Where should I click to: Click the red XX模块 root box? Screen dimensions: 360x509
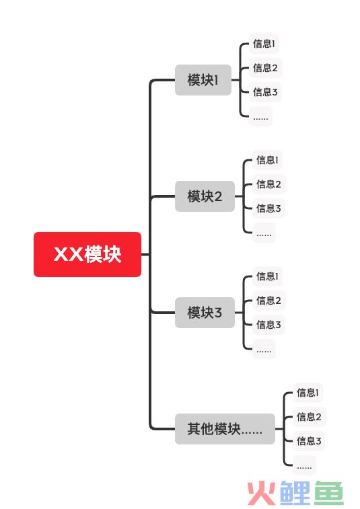pyautogui.click(x=87, y=254)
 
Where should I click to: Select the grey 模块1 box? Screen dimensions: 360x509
pyautogui.click(x=203, y=80)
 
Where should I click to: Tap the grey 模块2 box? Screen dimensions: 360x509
pyautogui.click(x=205, y=196)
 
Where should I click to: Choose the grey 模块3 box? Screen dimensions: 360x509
pyautogui.click(x=205, y=312)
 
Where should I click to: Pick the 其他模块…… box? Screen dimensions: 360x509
pyautogui.click(x=225, y=428)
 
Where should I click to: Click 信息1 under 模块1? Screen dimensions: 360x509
pyautogui.click(x=264, y=44)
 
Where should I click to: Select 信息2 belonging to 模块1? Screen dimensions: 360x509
pyautogui.click(x=265, y=68)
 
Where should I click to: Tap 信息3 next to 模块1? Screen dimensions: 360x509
pyautogui.click(x=265, y=92)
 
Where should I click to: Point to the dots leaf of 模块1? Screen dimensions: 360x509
pyautogui.click(x=260, y=116)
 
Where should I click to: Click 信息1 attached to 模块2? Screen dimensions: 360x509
pyautogui.click(x=267, y=160)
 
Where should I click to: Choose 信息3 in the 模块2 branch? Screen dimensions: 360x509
pyautogui.click(x=268, y=208)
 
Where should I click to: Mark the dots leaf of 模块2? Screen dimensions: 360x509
pyautogui.click(x=264, y=233)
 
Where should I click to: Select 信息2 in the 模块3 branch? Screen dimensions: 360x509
pyautogui.click(x=268, y=301)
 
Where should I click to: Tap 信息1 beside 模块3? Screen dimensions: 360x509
pyautogui.click(x=267, y=276)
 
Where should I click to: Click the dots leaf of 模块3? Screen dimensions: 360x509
pyautogui.click(x=264, y=349)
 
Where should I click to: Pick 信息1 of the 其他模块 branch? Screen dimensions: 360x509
pyautogui.click(x=308, y=393)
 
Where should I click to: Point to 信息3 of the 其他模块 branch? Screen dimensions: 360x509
pyautogui.click(x=309, y=441)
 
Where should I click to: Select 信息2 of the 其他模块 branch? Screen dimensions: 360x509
pyautogui.click(x=309, y=416)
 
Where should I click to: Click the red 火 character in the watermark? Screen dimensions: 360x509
pyautogui.click(x=262, y=494)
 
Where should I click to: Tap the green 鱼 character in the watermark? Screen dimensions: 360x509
pyautogui.click(x=329, y=494)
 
